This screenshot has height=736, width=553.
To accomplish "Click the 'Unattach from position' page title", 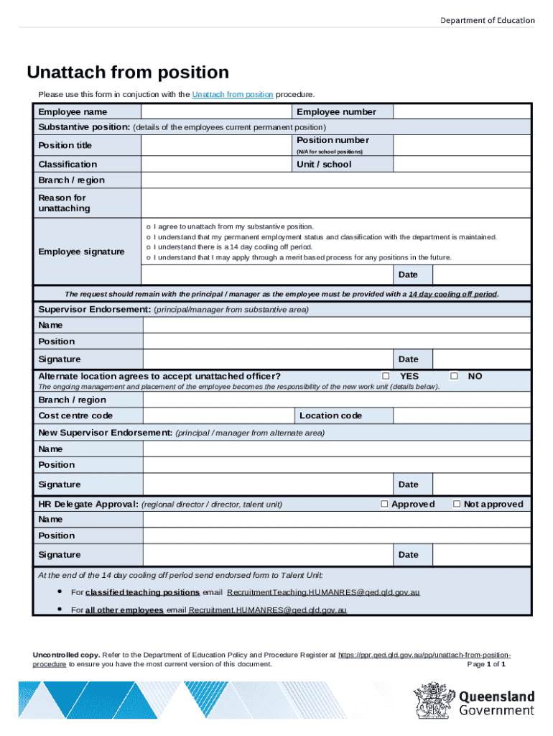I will click(x=128, y=73).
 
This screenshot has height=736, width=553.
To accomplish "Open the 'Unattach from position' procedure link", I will click(x=232, y=95).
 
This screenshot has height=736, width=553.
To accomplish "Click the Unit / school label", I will click(x=324, y=165).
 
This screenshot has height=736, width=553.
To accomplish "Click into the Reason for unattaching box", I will click(x=335, y=203).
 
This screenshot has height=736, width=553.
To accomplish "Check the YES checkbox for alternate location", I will click(x=386, y=376).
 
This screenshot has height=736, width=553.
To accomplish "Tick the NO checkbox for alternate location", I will click(x=454, y=376).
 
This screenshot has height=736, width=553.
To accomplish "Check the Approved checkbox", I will click(x=384, y=504).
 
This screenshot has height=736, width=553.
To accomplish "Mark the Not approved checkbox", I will click(x=456, y=504).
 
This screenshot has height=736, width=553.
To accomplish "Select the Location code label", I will click(x=330, y=415).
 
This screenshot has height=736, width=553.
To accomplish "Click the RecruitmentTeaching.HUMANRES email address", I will click(x=323, y=592).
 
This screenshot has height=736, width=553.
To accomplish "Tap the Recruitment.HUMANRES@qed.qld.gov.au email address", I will click(x=268, y=610).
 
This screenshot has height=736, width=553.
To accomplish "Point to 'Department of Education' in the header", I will click(x=487, y=20).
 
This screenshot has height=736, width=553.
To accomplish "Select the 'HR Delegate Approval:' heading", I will click(x=88, y=505).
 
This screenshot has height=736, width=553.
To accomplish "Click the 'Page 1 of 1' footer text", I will click(x=487, y=664).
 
